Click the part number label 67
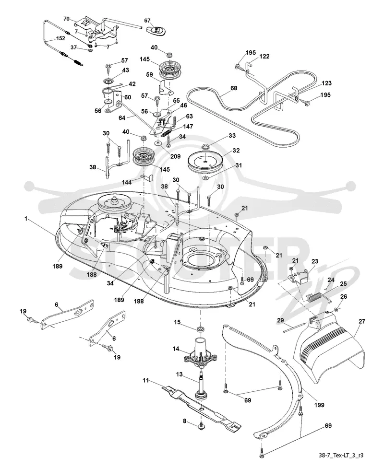pos(147,21)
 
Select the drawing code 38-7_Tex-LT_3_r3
pos(341,455)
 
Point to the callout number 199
pos(319,405)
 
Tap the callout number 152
pos(61,38)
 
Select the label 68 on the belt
pos(234,88)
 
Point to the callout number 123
pos(326,83)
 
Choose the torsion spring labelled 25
pos(317,298)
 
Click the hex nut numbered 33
pos(205,146)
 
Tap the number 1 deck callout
pos(26,219)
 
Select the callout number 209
pos(176,156)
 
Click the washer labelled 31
pos(205,178)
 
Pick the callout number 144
pos(127,182)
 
